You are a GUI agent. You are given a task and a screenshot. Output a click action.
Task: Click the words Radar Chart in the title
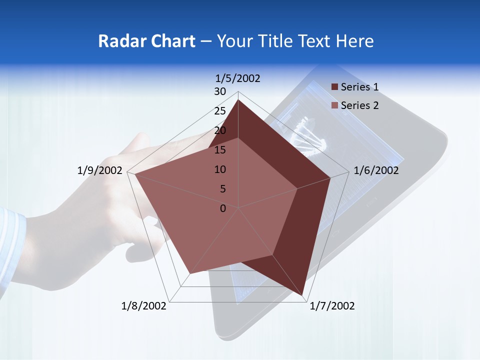146,41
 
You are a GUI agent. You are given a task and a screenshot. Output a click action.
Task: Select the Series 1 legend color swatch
334,87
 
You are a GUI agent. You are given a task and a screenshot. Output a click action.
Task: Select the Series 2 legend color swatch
334,105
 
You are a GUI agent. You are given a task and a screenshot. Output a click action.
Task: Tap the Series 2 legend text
359,105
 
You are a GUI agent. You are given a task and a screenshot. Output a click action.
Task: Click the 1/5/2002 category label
238,78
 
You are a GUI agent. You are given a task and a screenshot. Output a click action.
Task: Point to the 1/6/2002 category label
376,170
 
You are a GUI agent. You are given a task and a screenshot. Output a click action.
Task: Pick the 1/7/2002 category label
332,306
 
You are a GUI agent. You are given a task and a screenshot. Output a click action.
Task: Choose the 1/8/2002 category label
144,306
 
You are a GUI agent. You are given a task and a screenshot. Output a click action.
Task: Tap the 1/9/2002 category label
100,170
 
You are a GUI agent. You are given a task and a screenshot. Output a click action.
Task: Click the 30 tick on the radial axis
220,91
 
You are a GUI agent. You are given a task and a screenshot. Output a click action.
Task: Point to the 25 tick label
220,111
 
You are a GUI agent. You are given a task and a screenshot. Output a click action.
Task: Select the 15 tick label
220,150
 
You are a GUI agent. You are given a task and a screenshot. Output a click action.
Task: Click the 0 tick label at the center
223,208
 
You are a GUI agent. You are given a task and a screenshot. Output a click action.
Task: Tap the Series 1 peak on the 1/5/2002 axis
238,100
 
